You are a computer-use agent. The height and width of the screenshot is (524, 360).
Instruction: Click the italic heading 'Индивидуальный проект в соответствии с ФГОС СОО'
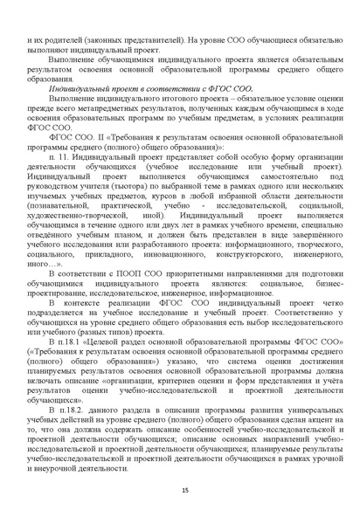[x=150, y=89]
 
